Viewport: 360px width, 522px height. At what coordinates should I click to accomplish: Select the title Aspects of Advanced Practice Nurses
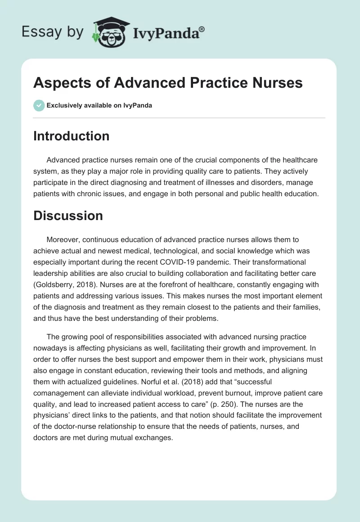[167, 83]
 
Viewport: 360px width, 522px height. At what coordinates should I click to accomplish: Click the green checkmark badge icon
[38, 105]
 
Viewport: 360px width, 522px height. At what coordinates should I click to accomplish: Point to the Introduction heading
[71, 136]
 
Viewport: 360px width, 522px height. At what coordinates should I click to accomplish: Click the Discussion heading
[68, 216]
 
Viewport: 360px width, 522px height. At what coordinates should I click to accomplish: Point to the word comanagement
[62, 393]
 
